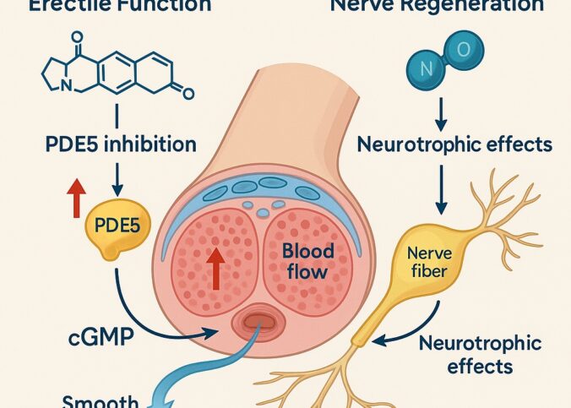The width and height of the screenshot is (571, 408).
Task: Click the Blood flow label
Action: [307, 262]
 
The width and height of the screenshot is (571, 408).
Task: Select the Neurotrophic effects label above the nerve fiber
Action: [454, 144]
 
